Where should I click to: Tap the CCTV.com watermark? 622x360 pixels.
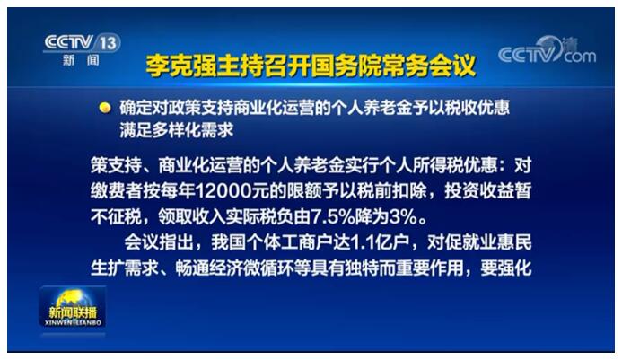(x=547, y=51)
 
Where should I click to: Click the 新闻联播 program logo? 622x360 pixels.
(x=73, y=308)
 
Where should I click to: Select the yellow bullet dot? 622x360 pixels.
(x=105, y=108)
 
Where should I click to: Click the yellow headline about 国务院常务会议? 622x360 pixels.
(x=311, y=66)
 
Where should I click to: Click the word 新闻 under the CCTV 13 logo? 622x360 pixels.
(x=81, y=60)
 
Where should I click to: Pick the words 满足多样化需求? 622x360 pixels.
(x=177, y=130)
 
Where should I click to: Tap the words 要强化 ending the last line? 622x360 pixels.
(x=506, y=268)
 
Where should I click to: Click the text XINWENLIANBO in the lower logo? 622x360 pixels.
(x=73, y=322)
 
